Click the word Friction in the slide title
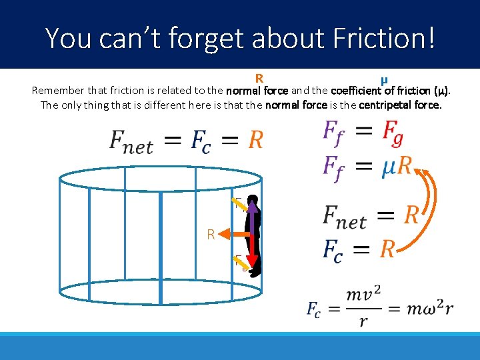386,37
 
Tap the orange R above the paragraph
259,79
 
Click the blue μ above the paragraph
384,79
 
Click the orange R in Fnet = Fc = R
255,140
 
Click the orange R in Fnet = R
411,215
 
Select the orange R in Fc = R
387,249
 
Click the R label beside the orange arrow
211,234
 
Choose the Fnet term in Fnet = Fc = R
131,141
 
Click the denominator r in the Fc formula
363,321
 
